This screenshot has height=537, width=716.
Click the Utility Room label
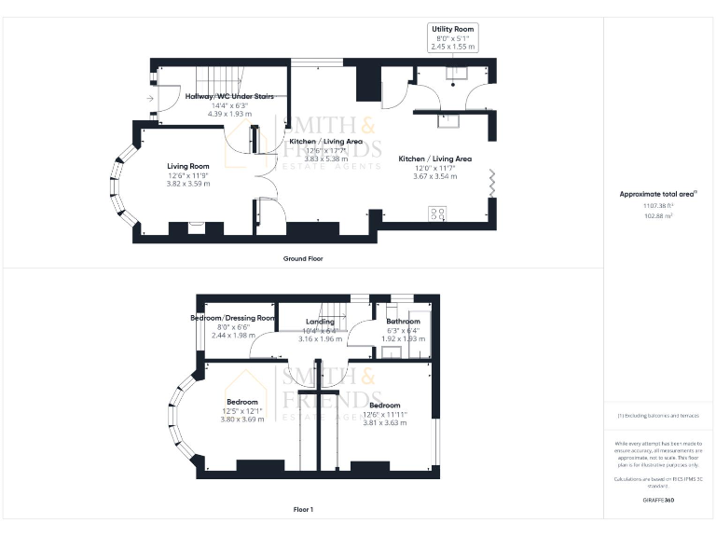[x=454, y=29]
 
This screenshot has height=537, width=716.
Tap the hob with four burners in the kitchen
[x=436, y=213]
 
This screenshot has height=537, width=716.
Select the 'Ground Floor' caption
[x=303, y=258]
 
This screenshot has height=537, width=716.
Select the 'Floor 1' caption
[x=303, y=510]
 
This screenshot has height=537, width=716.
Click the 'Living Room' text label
[x=188, y=166]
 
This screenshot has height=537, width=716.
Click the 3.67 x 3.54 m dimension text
[x=434, y=176]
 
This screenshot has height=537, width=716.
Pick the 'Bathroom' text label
[x=404, y=322]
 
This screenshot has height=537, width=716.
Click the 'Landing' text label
[x=320, y=322]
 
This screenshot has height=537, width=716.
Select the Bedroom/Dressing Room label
[x=233, y=318]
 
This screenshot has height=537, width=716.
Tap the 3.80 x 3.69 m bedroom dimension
[x=241, y=419]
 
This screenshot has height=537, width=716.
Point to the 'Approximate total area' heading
[x=658, y=194]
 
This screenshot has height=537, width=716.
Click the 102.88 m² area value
[x=658, y=215]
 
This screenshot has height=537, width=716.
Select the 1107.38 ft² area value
[x=658, y=206]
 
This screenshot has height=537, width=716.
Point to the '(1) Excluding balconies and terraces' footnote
[x=658, y=416]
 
